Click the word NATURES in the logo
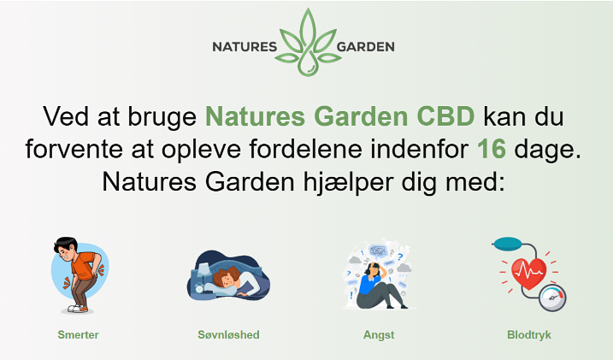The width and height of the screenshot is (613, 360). [x=245, y=47]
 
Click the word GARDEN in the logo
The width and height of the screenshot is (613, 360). [x=366, y=47]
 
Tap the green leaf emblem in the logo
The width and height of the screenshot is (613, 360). [x=308, y=42]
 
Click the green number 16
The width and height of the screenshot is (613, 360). [x=492, y=149]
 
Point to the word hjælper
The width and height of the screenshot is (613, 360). [x=348, y=182]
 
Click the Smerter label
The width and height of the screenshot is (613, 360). [x=78, y=335]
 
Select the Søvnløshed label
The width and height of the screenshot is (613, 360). [x=229, y=335]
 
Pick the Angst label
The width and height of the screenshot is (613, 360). [x=379, y=335]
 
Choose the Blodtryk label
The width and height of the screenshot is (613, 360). [x=529, y=335]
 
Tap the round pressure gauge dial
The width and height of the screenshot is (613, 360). [x=552, y=298]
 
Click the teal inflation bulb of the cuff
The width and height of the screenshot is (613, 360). [x=507, y=244]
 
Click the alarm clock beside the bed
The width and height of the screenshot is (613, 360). [x=200, y=289]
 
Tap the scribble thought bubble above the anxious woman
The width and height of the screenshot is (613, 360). [x=378, y=251]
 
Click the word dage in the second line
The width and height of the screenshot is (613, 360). [x=547, y=149]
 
